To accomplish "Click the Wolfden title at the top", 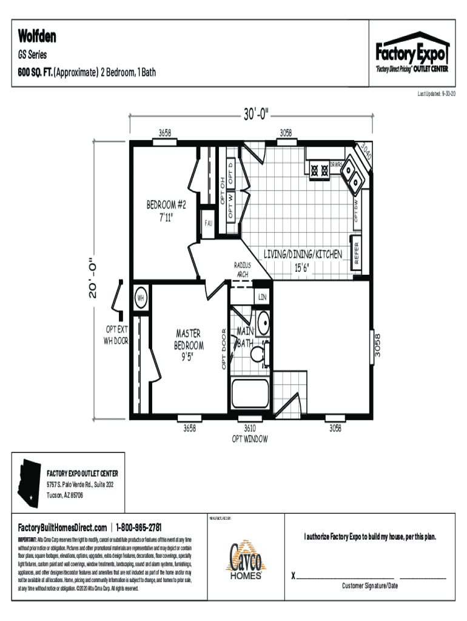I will click(37, 36).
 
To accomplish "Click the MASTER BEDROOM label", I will click(189, 345).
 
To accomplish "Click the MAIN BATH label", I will click(246, 337).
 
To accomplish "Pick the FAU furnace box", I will click(208, 223).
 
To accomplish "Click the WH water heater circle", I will click(140, 298).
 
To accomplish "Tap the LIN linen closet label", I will click(262, 297).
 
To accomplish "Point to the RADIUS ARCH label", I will click(243, 270).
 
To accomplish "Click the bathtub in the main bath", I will click(249, 395).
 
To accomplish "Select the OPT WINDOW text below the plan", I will click(250, 438).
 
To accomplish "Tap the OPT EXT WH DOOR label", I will click(116, 334).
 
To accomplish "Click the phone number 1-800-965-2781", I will click(139, 527).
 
